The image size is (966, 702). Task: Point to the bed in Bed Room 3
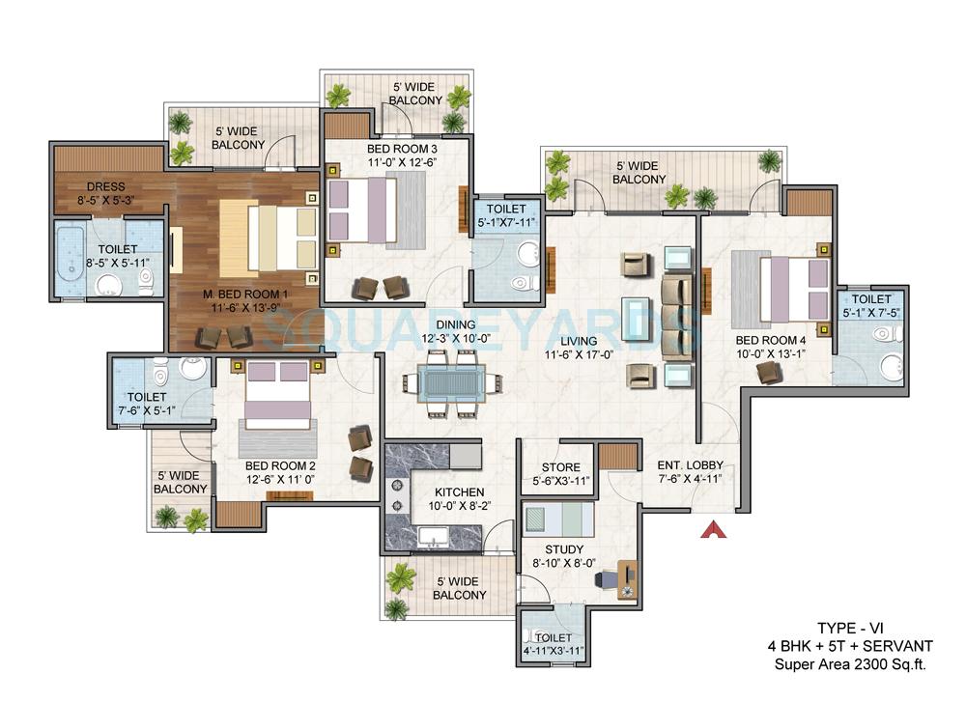(361, 211)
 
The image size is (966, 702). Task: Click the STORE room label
(560, 468)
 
